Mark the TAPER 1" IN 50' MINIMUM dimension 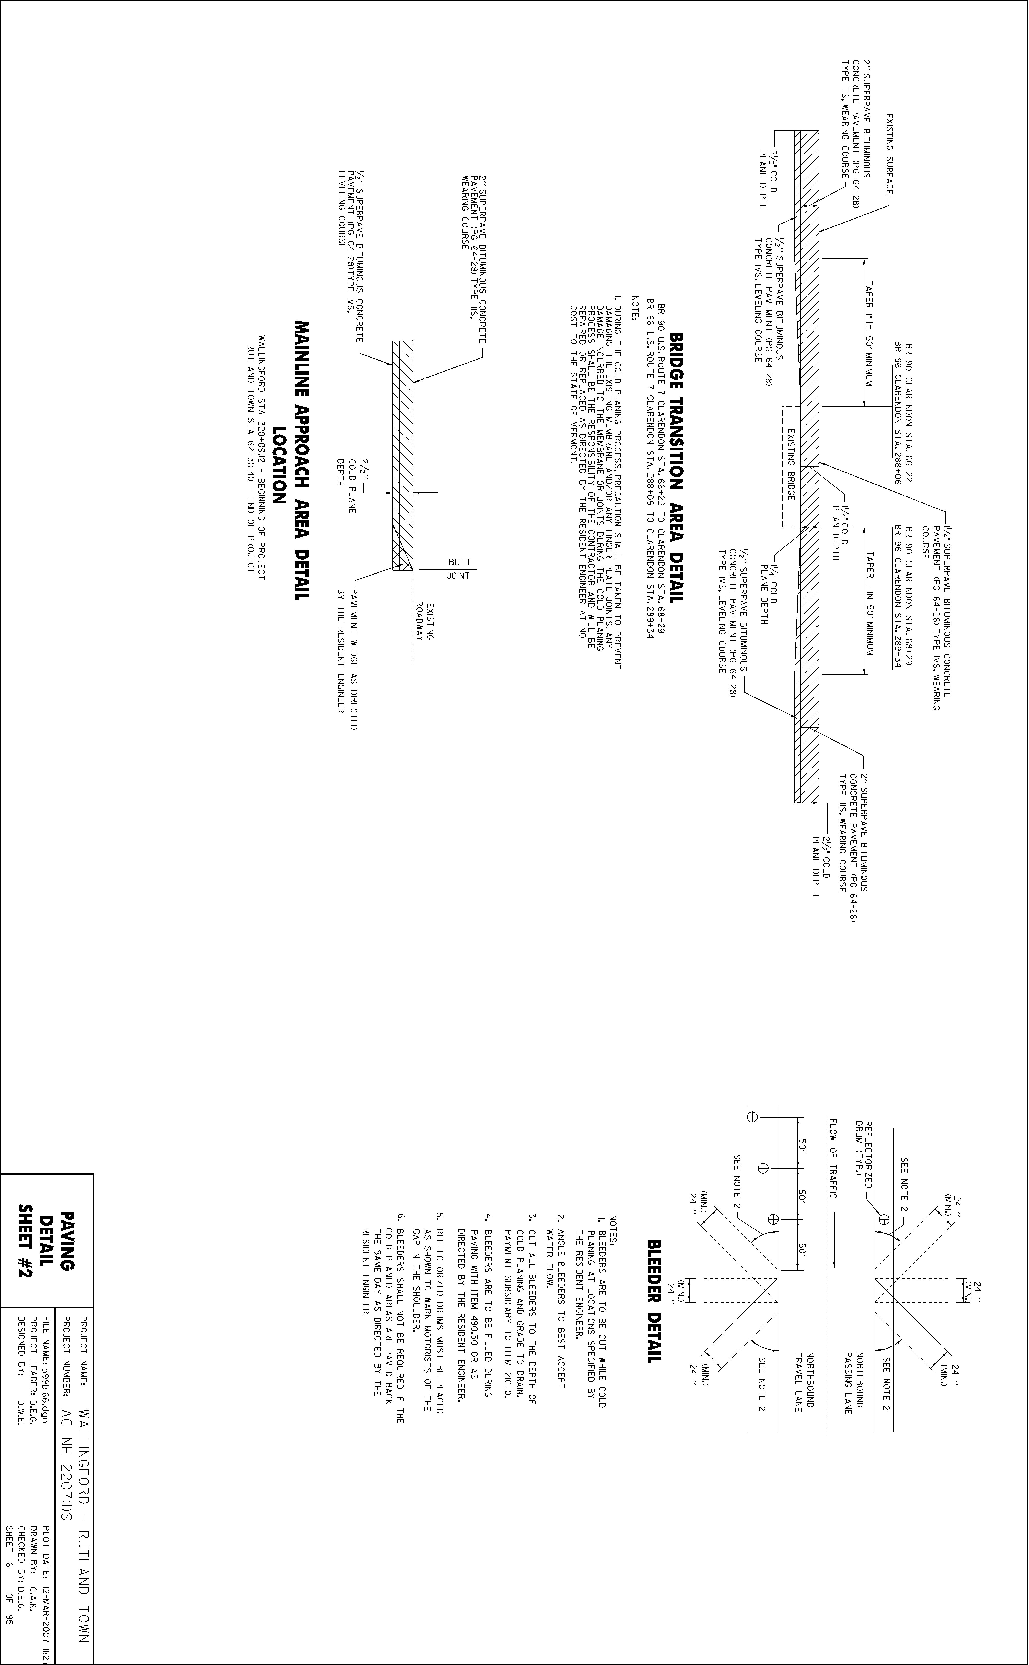tap(868, 601)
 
